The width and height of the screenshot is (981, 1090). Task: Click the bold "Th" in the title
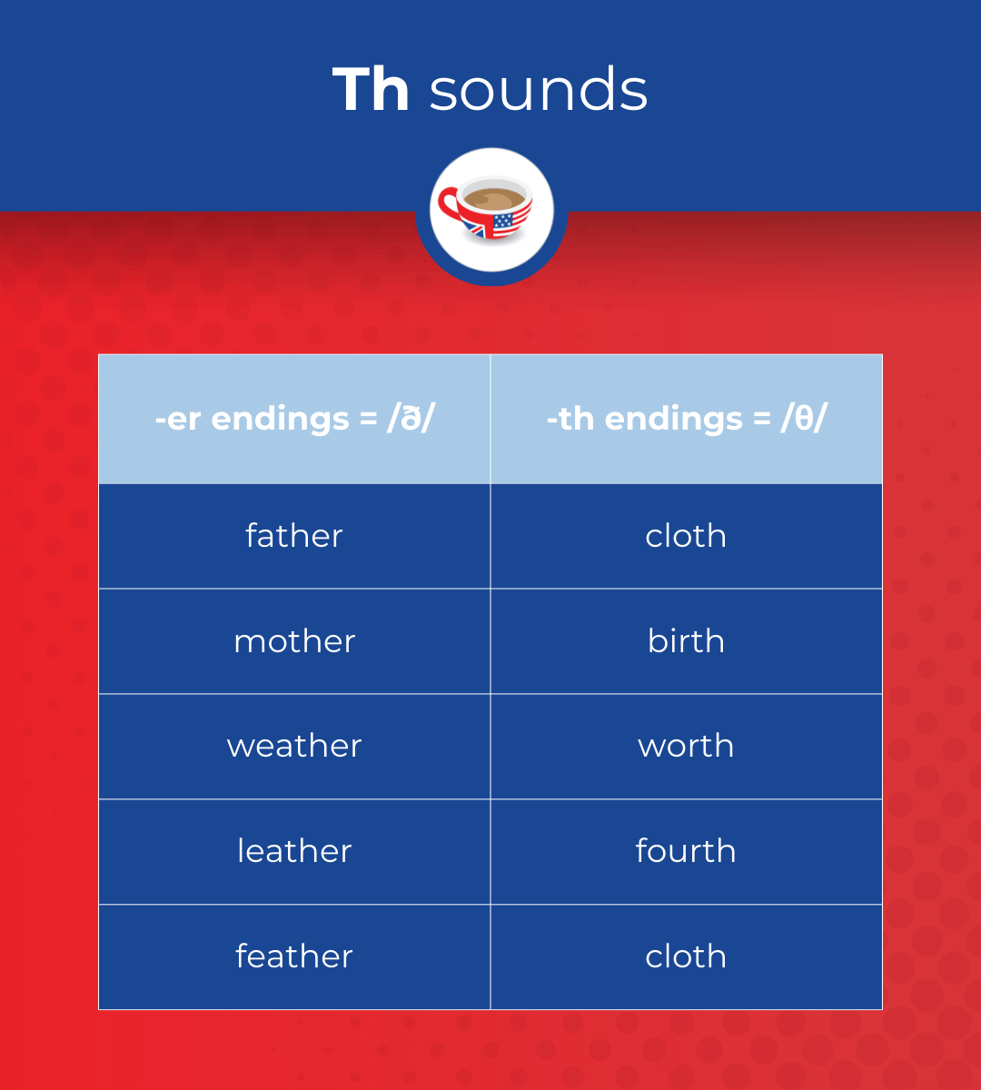point(371,90)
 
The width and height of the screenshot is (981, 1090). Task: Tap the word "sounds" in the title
point(539,90)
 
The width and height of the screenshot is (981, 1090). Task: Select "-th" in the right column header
point(570,419)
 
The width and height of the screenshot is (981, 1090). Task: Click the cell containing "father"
point(294,536)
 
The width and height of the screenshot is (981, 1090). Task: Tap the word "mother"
point(294,641)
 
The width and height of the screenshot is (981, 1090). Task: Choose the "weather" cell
point(294,746)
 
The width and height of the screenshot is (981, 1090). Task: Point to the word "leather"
point(294,851)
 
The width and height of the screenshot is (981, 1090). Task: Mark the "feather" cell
point(294,956)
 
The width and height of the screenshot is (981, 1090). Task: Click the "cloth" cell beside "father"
point(686,536)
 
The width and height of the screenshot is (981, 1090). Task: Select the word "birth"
point(686,641)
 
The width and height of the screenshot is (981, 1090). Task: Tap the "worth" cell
point(686,746)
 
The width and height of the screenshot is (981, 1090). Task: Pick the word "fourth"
point(686,851)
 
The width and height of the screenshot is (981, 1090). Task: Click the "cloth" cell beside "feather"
point(686,956)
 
